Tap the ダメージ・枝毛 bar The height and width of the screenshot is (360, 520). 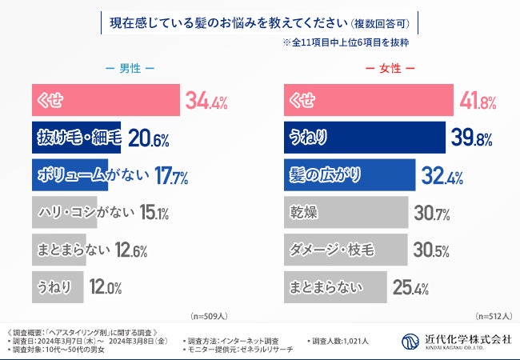point(346,250)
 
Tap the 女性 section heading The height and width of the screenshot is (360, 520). point(389,68)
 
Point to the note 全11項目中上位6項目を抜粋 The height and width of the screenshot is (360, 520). point(350,42)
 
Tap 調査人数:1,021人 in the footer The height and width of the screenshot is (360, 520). point(338,342)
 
